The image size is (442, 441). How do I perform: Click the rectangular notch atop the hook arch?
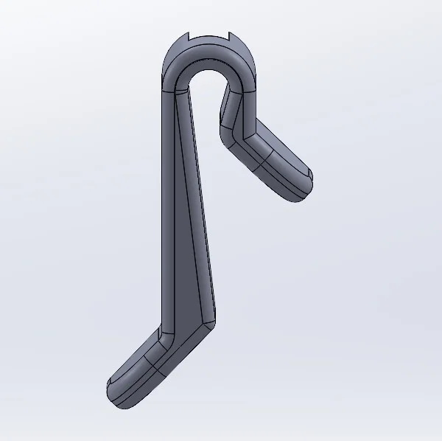pyautogui.click(x=211, y=37)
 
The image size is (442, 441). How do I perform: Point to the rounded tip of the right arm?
pyautogui.click(x=302, y=188)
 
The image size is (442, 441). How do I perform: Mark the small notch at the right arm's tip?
pyautogui.click(x=311, y=176)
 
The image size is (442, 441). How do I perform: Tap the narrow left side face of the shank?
pyautogui.click(x=166, y=206)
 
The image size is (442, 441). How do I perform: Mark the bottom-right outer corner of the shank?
pyautogui.click(x=216, y=319)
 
